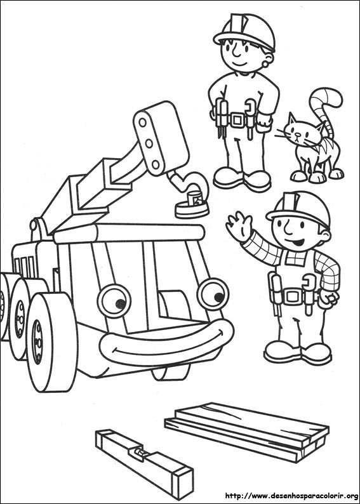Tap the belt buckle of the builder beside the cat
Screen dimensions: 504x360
238,119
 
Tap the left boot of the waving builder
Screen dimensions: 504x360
278,349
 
